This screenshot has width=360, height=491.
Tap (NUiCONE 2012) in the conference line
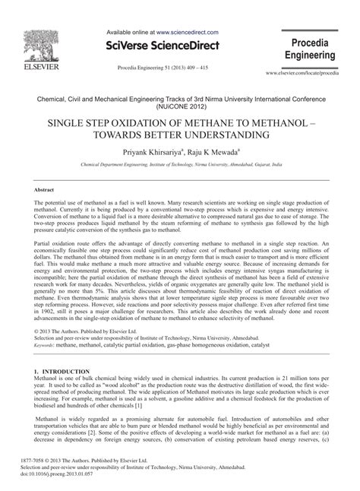(x=180, y=107)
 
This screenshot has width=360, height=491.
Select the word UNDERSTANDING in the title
(x=227, y=135)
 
